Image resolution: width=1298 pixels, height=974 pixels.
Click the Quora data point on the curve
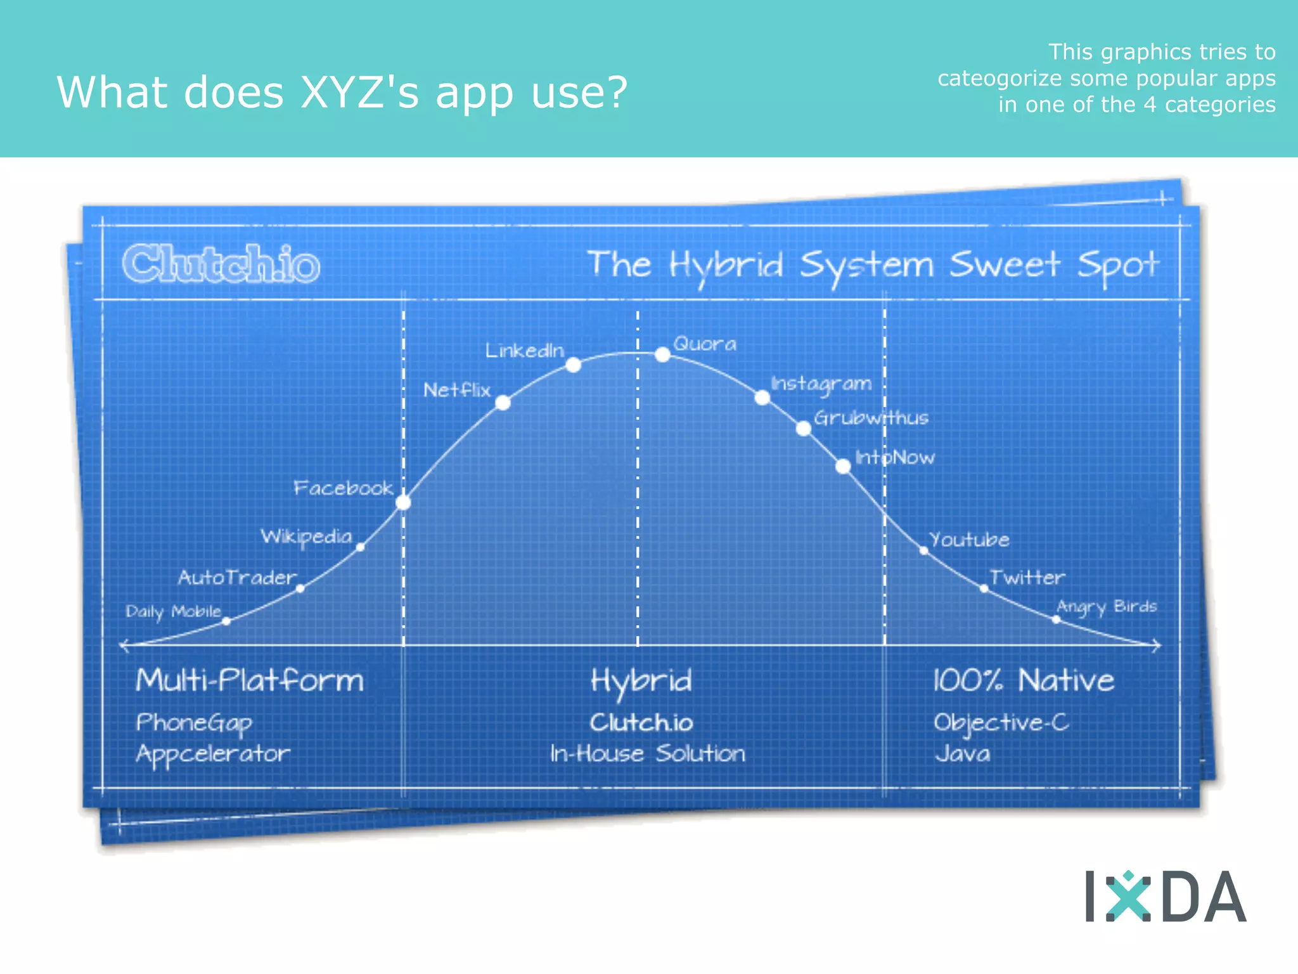click(662, 354)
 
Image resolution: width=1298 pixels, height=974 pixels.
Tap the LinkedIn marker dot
click(573, 365)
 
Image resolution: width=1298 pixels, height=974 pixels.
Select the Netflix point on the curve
click(503, 403)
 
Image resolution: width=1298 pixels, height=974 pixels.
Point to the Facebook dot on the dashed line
click(403, 503)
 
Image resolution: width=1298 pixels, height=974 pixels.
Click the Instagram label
click(821, 384)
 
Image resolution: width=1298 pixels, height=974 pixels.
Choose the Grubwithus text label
click(871, 418)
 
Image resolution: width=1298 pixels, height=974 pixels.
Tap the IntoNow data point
click(843, 467)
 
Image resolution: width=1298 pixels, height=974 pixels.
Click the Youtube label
click(968, 540)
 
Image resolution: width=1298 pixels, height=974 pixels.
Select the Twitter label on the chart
click(1027, 578)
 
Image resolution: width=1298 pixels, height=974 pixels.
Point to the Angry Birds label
click(1107, 607)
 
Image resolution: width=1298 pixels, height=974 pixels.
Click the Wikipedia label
click(306, 537)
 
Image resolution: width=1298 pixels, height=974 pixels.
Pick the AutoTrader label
click(237, 578)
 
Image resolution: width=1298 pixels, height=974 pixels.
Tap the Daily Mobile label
click(173, 612)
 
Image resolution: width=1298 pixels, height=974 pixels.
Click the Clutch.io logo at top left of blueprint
click(221, 264)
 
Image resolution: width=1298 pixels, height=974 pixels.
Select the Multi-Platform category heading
click(250, 680)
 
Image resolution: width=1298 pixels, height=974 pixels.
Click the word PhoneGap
click(194, 723)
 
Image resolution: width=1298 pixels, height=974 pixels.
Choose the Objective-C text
click(1001, 723)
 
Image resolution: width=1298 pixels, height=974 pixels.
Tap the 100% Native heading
click(1023, 680)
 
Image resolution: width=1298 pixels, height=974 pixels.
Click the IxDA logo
click(1165, 896)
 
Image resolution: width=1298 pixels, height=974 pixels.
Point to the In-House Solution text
click(647, 754)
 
